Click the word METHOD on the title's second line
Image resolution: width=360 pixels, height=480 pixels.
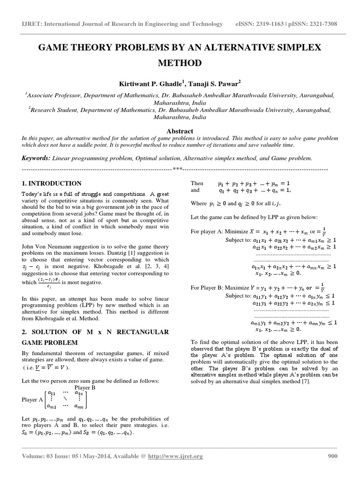click(180, 63)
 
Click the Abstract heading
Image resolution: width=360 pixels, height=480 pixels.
click(180, 131)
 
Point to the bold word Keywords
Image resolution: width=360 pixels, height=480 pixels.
click(36, 159)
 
